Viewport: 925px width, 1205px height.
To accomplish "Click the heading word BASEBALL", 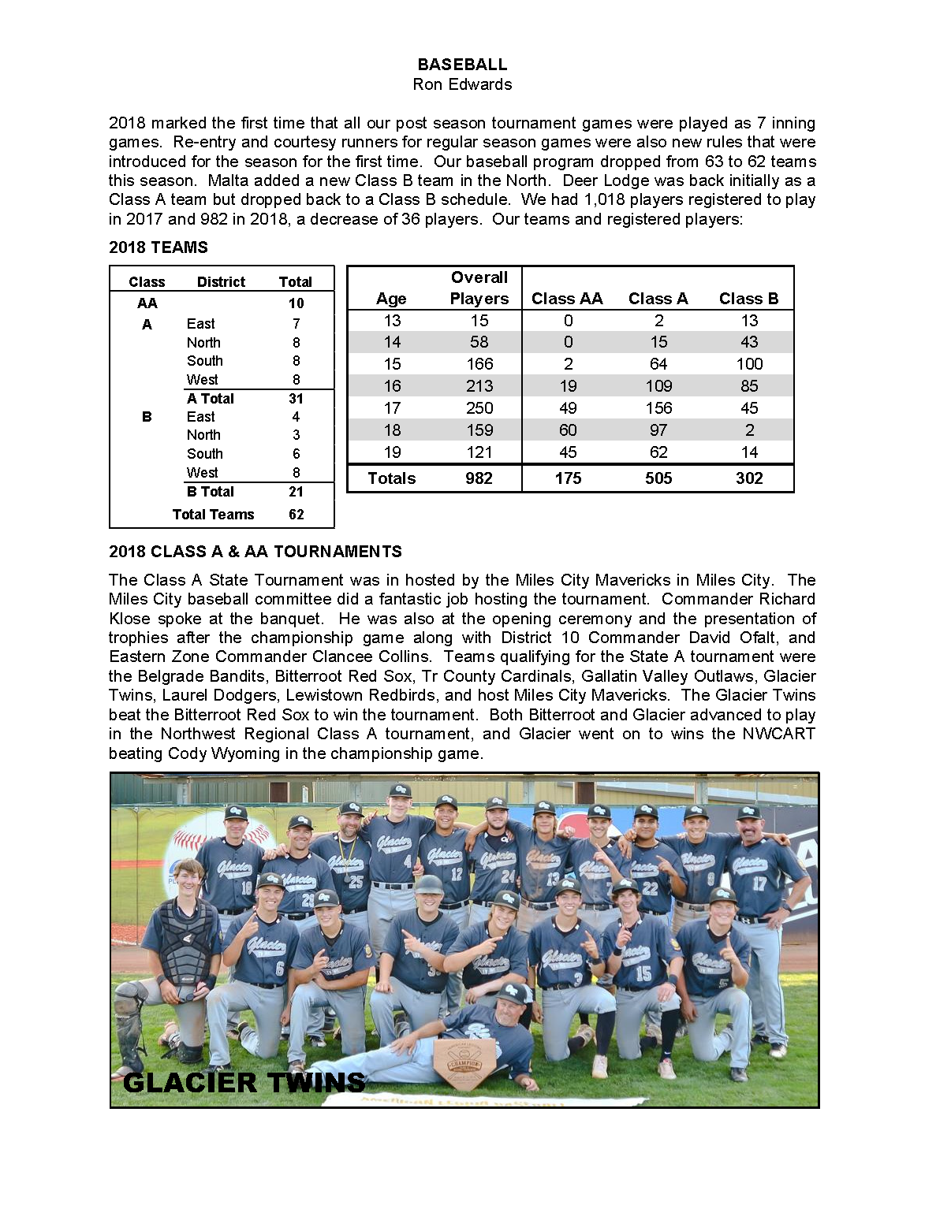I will tap(462, 65).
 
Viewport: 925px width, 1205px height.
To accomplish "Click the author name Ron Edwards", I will tap(462, 84).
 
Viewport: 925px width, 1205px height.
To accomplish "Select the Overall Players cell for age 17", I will tap(479, 408).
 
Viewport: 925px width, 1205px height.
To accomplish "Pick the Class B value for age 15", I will tap(748, 364).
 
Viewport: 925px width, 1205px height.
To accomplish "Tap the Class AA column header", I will tap(567, 299).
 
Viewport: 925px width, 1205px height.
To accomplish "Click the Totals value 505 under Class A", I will tap(658, 478).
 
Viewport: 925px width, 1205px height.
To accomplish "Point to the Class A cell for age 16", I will tap(658, 386).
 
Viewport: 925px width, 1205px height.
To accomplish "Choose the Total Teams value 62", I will tap(296, 515).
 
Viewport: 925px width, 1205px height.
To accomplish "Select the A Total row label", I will tap(210, 399).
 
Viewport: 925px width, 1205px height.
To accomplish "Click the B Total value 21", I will tap(296, 492).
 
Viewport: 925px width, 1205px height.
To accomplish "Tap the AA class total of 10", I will tap(296, 303).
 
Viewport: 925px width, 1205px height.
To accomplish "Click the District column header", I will tap(221, 282).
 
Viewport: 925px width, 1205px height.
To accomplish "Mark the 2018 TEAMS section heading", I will tap(159, 247).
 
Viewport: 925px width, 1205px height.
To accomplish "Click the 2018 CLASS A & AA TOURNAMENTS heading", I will tap(255, 552).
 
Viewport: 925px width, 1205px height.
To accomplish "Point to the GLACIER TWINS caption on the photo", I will tap(244, 1082).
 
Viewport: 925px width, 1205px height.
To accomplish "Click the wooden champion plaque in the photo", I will tap(464, 1059).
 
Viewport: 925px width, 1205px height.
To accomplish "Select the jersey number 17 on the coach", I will tap(759, 884).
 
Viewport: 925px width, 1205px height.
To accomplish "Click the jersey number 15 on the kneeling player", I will tap(643, 974).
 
